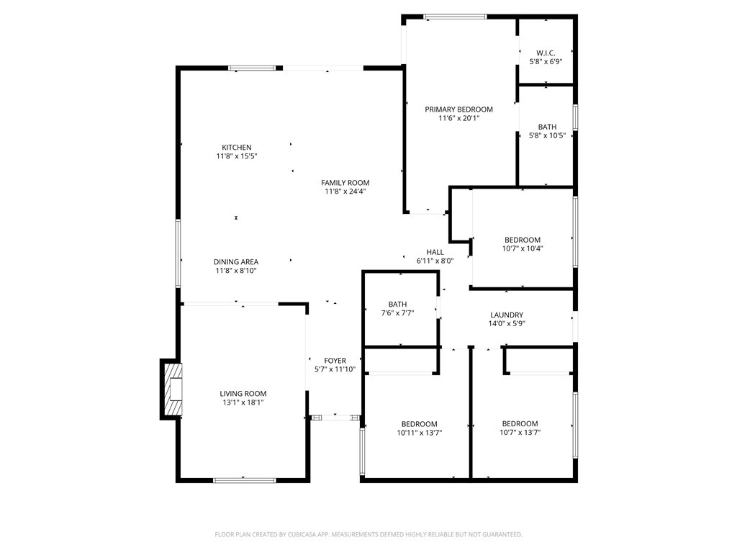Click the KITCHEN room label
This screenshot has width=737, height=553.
[x=237, y=148]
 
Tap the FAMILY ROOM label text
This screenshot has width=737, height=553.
[x=345, y=183]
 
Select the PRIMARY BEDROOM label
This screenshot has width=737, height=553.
[x=458, y=109]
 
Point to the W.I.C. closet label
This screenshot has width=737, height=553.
[x=546, y=53]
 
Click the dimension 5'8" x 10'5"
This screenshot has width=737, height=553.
[x=547, y=135]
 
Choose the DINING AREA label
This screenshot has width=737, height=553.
[x=236, y=262]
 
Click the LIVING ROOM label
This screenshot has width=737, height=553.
[x=243, y=394]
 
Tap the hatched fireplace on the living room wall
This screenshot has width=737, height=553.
[x=172, y=390]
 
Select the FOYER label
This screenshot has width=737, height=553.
[x=335, y=361]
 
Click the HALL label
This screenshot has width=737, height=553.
[x=435, y=252]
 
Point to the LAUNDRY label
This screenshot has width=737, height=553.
[x=507, y=315]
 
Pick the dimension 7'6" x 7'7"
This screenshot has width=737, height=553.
[x=397, y=313]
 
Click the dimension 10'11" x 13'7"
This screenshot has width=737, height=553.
[x=419, y=433]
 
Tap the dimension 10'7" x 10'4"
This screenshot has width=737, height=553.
[x=523, y=248]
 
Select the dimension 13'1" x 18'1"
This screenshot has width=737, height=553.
[x=243, y=403]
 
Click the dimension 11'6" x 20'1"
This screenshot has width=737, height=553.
[x=458, y=118]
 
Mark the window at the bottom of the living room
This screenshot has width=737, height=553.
[x=244, y=480]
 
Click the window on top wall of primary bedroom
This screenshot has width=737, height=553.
[x=455, y=17]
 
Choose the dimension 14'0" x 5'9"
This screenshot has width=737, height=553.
[x=507, y=323]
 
